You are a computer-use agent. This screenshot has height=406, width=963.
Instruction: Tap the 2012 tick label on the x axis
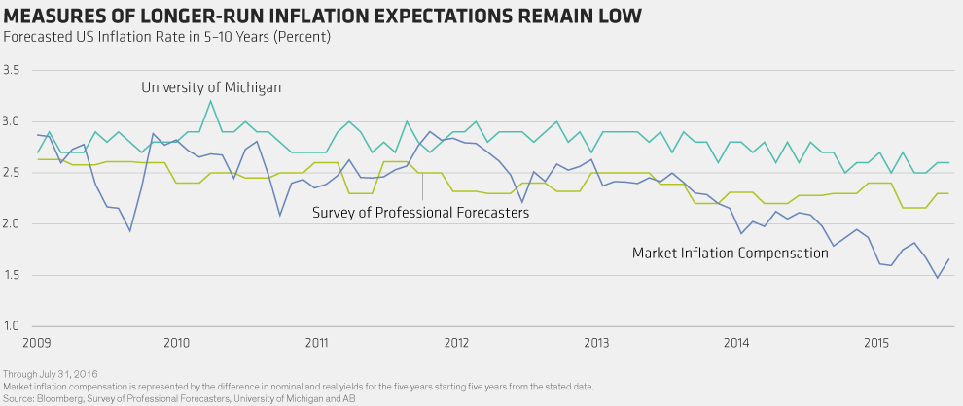pyautogui.click(x=456, y=341)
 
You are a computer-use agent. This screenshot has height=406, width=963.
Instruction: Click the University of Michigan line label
pyautogui.click(x=211, y=87)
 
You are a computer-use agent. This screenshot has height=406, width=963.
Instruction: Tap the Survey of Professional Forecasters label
pyautogui.click(x=420, y=213)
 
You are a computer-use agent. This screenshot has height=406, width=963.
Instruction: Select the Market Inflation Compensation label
pyautogui.click(x=731, y=253)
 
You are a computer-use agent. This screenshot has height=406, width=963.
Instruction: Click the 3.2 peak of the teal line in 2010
pyautogui.click(x=211, y=101)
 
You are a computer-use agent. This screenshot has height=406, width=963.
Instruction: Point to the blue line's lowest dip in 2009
pyautogui.click(x=129, y=231)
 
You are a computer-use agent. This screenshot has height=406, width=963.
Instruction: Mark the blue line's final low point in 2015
pyautogui.click(x=938, y=278)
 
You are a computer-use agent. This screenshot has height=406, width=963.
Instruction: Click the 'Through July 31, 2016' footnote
pyautogui.click(x=51, y=374)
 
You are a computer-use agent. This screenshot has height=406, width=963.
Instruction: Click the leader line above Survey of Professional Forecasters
pyautogui.click(x=422, y=186)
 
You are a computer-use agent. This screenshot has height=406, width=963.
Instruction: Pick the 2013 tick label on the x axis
pyautogui.click(x=596, y=341)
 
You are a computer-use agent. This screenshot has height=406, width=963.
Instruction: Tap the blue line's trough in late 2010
pyautogui.click(x=280, y=216)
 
